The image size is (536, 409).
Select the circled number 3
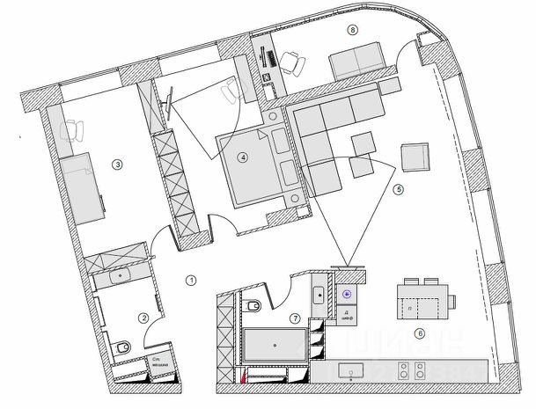(x=117, y=163)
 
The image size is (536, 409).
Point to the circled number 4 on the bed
(x=244, y=158)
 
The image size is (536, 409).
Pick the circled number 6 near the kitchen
(x=420, y=333)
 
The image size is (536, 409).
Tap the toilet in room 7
(x=253, y=306)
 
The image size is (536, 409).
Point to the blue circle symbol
(x=348, y=296)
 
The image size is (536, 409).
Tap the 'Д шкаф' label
(x=348, y=317)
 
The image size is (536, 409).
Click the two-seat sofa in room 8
(x=356, y=63)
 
